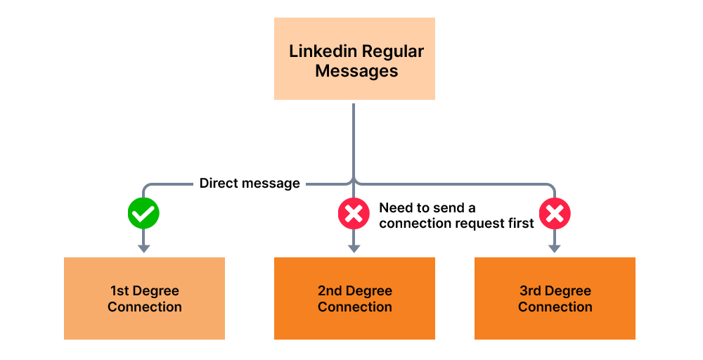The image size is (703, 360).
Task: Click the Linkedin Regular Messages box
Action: click(354, 59)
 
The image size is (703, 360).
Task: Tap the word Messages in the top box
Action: click(356, 71)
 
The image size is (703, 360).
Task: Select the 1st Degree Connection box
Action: click(144, 298)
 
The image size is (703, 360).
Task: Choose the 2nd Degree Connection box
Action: click(354, 298)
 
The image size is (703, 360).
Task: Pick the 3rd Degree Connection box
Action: click(555, 298)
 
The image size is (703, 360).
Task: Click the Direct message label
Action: click(250, 184)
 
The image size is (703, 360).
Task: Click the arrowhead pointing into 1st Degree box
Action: click(143, 248)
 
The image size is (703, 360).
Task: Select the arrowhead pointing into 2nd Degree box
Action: click(354, 248)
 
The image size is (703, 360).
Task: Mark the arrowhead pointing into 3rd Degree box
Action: click(555, 248)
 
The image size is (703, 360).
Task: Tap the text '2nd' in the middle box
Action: click(330, 291)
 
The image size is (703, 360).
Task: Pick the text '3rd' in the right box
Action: click(531, 291)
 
